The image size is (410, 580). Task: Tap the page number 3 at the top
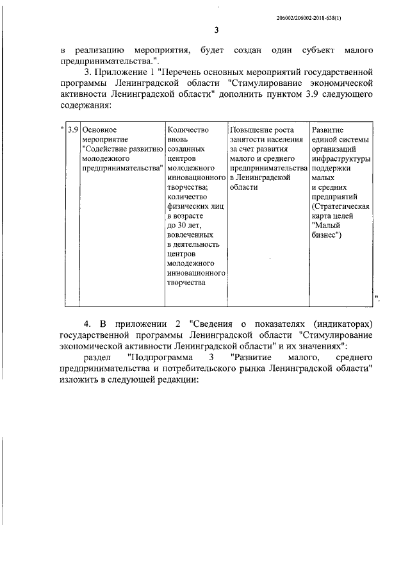(x=217, y=31)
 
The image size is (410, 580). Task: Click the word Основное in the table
(x=100, y=129)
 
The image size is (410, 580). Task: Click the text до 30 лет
(x=184, y=226)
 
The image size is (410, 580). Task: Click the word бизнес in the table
(x=325, y=235)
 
